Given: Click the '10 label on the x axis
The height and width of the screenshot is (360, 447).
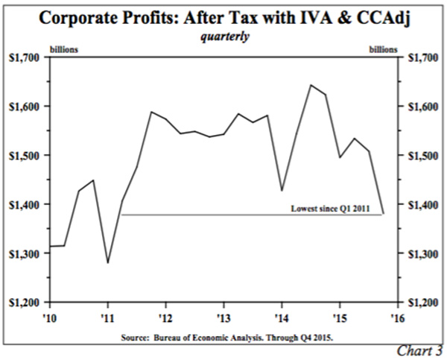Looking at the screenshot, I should (x=49, y=314).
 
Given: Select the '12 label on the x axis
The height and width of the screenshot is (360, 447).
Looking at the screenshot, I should (x=165, y=314).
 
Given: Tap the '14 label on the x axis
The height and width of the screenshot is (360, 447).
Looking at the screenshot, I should (x=281, y=314).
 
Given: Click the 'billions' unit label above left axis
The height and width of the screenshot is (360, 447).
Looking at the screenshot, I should (x=63, y=49).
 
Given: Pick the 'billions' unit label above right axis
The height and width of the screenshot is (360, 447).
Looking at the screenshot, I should (x=382, y=49).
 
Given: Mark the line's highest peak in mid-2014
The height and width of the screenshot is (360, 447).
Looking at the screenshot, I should (x=311, y=85).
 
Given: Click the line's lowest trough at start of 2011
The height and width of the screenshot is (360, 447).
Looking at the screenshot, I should (x=108, y=262).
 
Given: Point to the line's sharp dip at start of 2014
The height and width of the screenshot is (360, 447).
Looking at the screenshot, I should (x=282, y=191).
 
